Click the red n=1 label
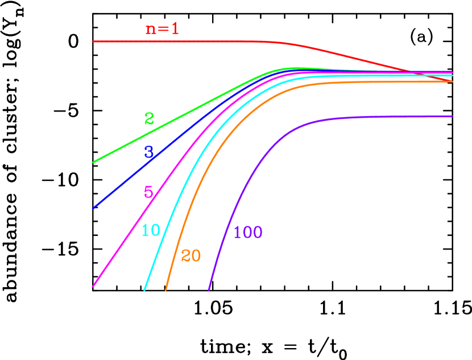[162, 29]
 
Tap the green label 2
[149, 119]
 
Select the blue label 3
[149, 152]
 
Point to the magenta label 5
[148, 192]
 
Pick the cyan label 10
[151, 230]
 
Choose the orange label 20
[191, 256]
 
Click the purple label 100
[248, 233]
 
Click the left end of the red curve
[93, 42]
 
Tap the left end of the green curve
[93, 162]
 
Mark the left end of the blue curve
[93, 208]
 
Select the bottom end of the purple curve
[209, 290]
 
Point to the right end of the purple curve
[452, 117]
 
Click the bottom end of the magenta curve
[93, 287]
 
